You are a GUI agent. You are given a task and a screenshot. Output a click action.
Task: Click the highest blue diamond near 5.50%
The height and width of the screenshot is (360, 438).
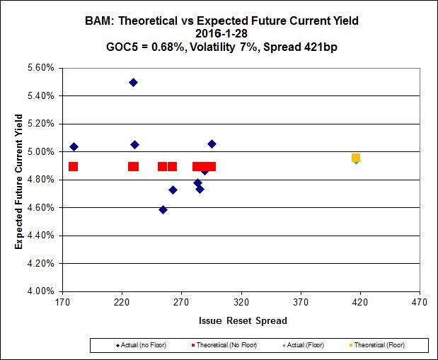click(x=133, y=82)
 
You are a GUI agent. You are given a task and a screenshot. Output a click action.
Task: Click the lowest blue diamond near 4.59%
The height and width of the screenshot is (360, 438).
click(x=163, y=209)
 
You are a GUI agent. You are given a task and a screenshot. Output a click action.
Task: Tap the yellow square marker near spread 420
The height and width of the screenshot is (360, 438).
click(x=356, y=158)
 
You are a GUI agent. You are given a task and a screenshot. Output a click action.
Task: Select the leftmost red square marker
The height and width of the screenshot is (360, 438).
click(x=73, y=167)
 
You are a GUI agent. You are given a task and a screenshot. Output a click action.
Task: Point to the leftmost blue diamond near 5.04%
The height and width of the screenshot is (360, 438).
click(x=74, y=146)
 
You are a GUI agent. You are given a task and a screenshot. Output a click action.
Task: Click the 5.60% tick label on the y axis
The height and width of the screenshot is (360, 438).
click(x=41, y=68)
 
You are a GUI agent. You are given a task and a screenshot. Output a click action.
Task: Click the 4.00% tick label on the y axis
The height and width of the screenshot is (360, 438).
click(x=41, y=291)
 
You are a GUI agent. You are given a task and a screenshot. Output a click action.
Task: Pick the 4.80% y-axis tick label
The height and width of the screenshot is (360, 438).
click(x=41, y=179)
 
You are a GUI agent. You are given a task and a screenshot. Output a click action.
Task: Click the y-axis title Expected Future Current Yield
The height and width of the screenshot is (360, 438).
click(x=19, y=179)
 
